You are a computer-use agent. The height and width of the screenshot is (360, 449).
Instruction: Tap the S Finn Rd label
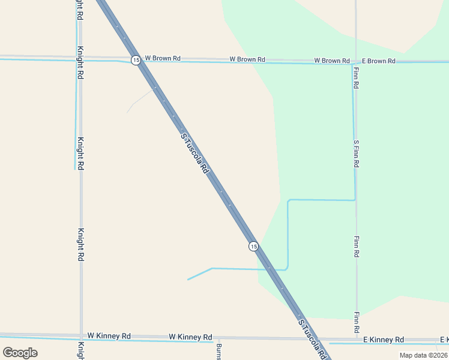(x=357, y=154)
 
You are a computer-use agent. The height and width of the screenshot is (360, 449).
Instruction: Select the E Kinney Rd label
(x=384, y=340)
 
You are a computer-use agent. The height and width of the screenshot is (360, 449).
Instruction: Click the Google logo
(x=20, y=352)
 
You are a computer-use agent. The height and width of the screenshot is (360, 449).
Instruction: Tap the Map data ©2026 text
(x=424, y=355)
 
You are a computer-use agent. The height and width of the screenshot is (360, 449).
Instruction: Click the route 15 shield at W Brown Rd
(x=136, y=60)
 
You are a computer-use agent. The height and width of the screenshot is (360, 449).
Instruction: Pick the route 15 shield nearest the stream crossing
(x=253, y=246)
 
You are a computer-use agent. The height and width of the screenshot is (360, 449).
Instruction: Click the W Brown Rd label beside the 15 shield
(x=163, y=59)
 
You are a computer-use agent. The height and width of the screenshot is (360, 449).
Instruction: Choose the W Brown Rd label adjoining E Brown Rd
(x=332, y=61)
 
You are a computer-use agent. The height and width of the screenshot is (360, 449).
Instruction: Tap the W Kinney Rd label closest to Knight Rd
(x=109, y=336)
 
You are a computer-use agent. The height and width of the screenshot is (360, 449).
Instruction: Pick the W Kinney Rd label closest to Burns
(x=190, y=337)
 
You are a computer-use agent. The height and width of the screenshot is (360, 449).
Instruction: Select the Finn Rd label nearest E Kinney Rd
(x=357, y=323)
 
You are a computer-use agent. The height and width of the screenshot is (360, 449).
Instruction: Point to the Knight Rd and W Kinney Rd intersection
(x=81, y=336)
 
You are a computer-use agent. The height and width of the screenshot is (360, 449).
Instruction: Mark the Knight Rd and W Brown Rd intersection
(x=80, y=58)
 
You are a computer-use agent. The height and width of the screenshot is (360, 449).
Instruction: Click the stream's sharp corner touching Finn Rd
(x=355, y=200)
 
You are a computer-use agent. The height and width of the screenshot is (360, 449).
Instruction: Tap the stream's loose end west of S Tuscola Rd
(x=188, y=280)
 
